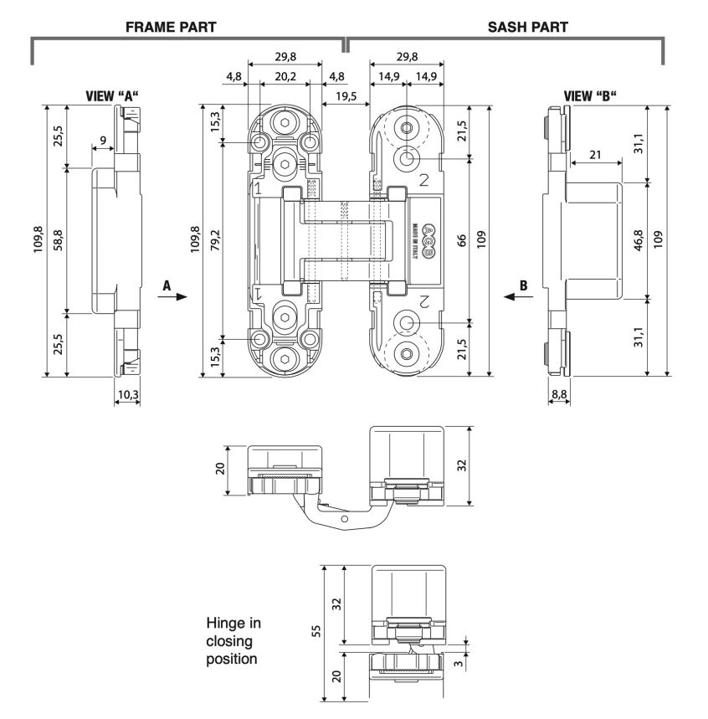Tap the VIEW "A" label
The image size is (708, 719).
111,96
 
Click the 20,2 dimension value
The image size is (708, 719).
285,75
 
